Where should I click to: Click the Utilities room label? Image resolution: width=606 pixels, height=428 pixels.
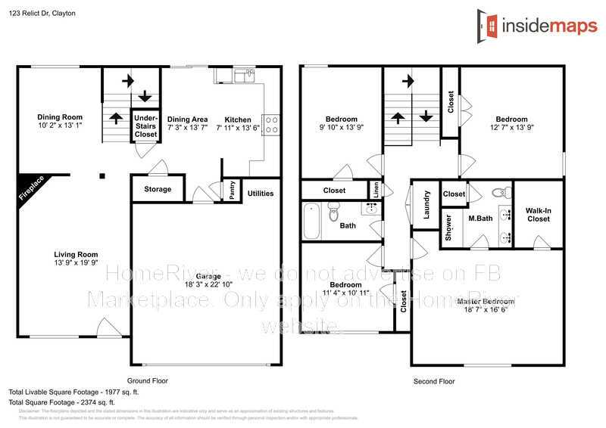point(261,194)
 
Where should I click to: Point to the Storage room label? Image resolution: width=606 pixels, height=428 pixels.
point(158,189)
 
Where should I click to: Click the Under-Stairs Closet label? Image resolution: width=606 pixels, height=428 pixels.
point(145,126)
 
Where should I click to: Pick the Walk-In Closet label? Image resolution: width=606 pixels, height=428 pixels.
point(539,214)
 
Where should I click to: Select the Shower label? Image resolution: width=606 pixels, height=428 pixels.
point(448,227)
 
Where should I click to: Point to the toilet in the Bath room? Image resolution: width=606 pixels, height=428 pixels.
point(334,214)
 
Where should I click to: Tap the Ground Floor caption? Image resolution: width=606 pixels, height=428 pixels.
point(148,381)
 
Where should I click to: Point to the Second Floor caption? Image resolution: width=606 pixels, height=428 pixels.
point(434,382)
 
